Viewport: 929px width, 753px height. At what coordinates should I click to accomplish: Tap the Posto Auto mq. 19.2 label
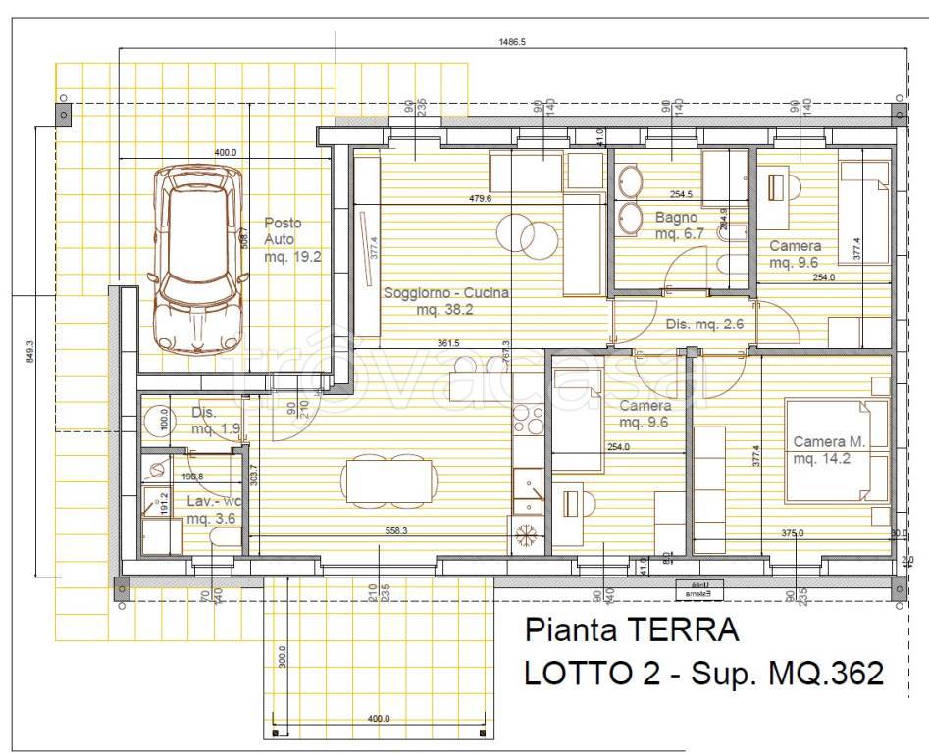292,240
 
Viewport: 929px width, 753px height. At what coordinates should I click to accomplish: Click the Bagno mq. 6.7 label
676,225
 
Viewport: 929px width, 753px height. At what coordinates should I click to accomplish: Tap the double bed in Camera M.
837,450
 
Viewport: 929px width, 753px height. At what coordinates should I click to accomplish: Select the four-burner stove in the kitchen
529,419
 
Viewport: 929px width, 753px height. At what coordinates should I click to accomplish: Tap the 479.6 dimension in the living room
481,199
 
